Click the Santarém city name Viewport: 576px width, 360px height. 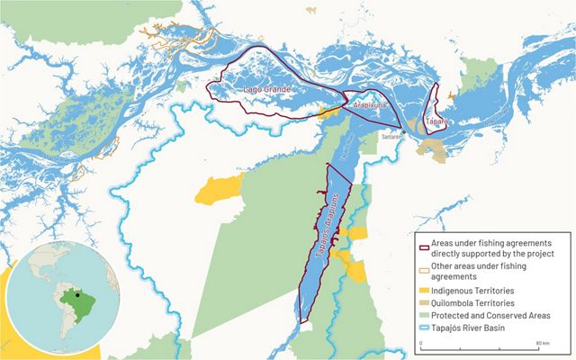(391, 137)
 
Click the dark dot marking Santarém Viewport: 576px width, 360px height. (404, 131)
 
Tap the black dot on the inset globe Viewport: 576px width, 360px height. (78, 294)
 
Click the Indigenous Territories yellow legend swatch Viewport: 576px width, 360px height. (424, 292)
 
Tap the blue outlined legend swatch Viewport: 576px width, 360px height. (424, 329)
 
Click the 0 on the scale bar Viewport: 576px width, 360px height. (421, 344)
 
